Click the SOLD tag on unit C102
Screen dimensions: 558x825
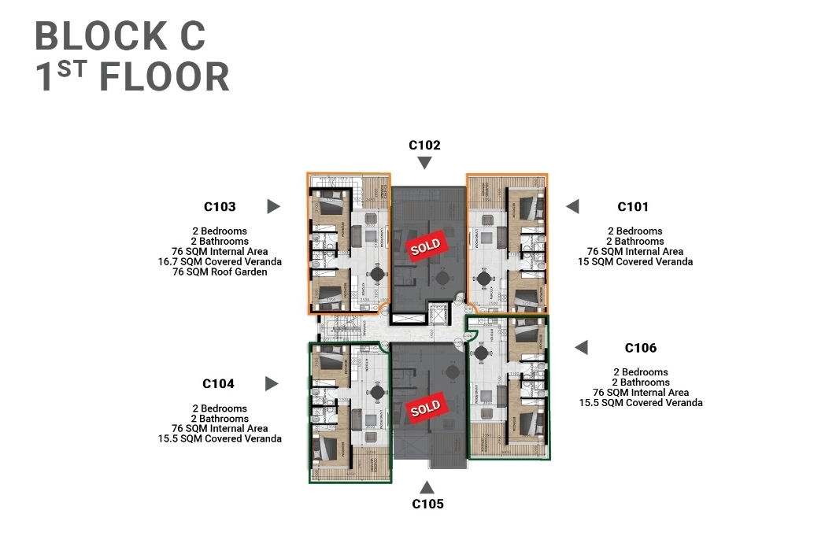point(426,246)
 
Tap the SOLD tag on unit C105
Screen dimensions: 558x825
point(426,408)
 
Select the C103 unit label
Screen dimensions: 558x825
point(220,207)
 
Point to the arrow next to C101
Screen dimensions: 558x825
point(572,206)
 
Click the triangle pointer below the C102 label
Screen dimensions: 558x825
point(424,163)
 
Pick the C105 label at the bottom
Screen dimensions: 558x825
point(427,504)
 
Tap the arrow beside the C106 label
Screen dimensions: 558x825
point(581,347)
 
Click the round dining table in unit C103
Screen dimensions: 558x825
point(378,274)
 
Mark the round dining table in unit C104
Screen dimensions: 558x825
point(378,391)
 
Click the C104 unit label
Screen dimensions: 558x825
point(218,384)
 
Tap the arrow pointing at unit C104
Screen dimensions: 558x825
point(272,383)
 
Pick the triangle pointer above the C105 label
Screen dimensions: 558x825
point(427,487)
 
